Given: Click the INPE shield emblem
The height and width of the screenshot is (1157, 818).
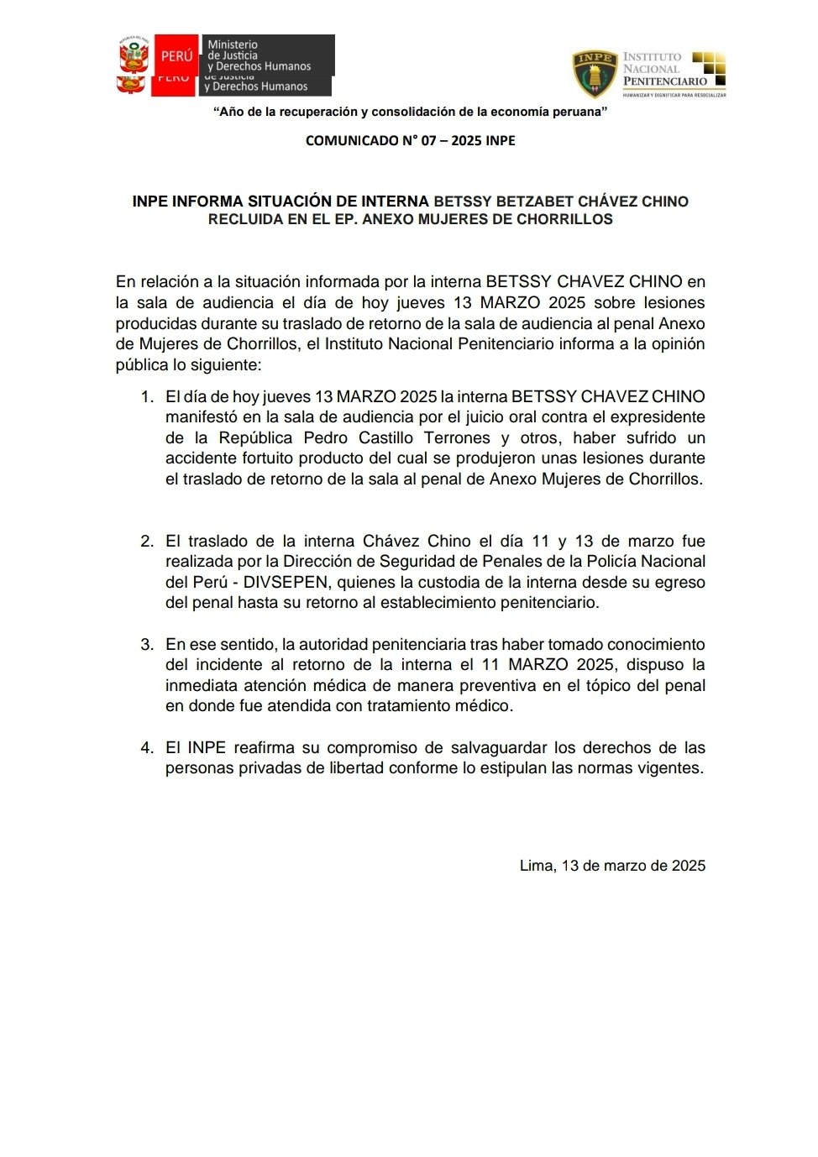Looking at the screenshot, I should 595,74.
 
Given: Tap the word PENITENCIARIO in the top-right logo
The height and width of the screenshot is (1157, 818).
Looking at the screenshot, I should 665,81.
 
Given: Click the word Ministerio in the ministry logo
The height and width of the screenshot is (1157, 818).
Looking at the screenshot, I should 233,44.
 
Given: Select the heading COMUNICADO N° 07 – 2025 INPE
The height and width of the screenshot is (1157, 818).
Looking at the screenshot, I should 410,140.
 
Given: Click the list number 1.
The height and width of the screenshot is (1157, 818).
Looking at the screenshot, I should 147,396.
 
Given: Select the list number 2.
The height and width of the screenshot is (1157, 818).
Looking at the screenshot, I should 147,541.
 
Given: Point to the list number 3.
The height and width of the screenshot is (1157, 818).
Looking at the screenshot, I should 147,644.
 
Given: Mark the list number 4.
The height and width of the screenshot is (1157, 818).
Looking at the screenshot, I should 147,747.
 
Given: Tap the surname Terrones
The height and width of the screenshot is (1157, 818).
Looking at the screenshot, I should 457,437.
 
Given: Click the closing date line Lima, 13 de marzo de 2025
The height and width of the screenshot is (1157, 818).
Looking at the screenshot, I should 612,866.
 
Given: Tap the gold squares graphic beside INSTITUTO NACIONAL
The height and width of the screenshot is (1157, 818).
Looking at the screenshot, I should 709,69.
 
